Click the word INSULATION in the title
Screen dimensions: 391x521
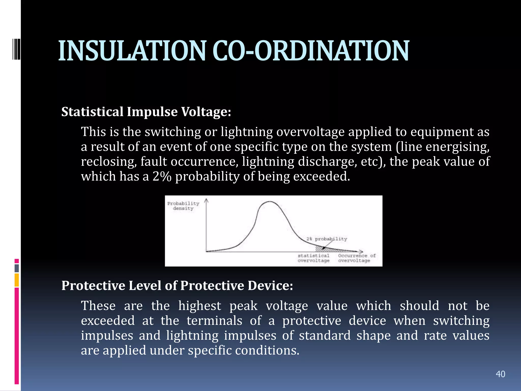(132, 51)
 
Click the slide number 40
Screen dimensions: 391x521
(500, 374)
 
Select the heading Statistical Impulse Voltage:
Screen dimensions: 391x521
(146, 112)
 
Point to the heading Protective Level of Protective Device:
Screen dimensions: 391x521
(177, 285)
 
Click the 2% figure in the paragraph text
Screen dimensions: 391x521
(162, 176)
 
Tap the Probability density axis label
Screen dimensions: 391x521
(183, 206)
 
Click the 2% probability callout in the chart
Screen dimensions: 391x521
(327, 239)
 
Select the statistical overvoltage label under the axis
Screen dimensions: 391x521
(313, 258)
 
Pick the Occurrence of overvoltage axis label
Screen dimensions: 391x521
(356, 258)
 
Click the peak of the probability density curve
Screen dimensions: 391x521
(269, 202)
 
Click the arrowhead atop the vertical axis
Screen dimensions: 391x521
(206, 201)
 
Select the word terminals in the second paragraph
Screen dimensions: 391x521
(214, 320)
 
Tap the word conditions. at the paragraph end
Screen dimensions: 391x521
(267, 350)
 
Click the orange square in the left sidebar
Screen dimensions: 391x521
(17, 280)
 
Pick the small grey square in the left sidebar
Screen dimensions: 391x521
(17, 268)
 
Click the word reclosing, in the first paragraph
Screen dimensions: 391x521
(109, 162)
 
